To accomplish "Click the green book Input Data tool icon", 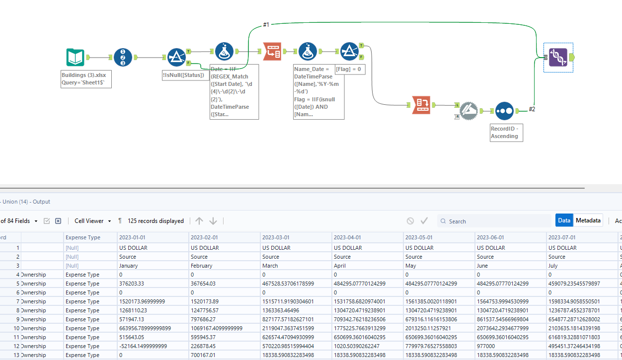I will [76, 58].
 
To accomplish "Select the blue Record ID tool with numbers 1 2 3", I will [123, 58].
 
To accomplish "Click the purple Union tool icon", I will [558, 58].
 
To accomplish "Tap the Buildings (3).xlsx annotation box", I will [86, 79].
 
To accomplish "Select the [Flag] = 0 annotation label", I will [350, 69].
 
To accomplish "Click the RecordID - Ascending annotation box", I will [506, 132].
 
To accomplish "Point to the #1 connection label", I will [266, 25].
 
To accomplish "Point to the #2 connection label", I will [532, 109].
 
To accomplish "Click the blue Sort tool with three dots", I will [504, 111].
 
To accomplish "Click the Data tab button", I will [564, 220].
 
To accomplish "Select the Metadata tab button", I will [588, 220].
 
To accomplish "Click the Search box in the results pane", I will [497, 221].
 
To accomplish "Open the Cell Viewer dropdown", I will [92, 221].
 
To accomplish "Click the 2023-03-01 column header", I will [276, 237].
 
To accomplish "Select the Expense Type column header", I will [83, 237].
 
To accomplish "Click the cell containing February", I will [201, 266].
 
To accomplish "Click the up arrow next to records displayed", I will [199, 221].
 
